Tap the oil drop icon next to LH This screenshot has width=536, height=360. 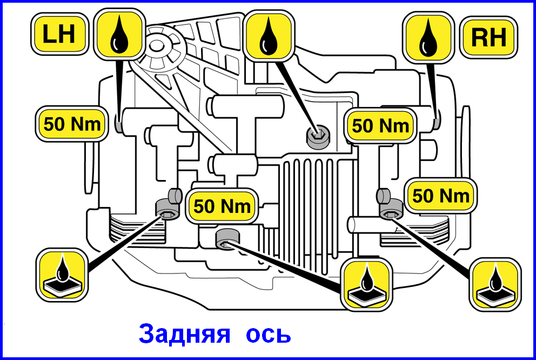[x=119, y=35]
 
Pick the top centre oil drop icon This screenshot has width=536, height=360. [x=270, y=36]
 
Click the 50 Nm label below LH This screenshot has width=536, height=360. [x=72, y=124]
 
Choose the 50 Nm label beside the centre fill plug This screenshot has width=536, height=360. [x=380, y=125]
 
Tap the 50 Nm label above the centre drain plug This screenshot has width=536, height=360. [x=222, y=206]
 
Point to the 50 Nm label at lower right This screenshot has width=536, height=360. [x=441, y=196]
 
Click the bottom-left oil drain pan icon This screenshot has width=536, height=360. [x=62, y=275]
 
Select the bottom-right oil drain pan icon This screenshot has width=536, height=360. [x=495, y=284]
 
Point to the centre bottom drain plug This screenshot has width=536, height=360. [x=227, y=239]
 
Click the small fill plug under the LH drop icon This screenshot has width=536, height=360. [x=118, y=123]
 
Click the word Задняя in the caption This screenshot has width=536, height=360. [x=184, y=334]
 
